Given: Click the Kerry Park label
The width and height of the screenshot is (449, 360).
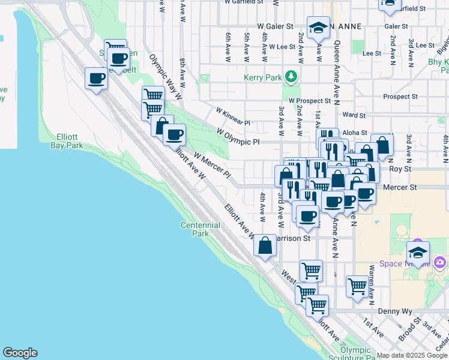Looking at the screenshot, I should tap(263, 78).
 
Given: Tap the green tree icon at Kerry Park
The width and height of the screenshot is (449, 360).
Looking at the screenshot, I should tap(291, 76).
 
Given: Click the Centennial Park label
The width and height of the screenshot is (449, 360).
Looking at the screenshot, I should tap(200, 229).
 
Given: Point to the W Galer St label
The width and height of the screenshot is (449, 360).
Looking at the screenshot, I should tap(275, 26).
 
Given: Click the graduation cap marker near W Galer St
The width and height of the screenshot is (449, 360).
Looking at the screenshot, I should tap(318, 27).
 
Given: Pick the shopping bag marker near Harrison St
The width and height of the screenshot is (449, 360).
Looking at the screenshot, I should tap(265, 245).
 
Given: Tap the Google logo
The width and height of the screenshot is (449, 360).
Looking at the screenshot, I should tap(20, 353).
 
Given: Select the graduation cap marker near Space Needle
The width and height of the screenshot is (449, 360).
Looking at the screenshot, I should tap(418, 252).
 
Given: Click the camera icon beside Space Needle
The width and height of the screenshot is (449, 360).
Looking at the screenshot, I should tap(440, 262).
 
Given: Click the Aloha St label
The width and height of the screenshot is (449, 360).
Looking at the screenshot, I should tap(355, 132).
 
